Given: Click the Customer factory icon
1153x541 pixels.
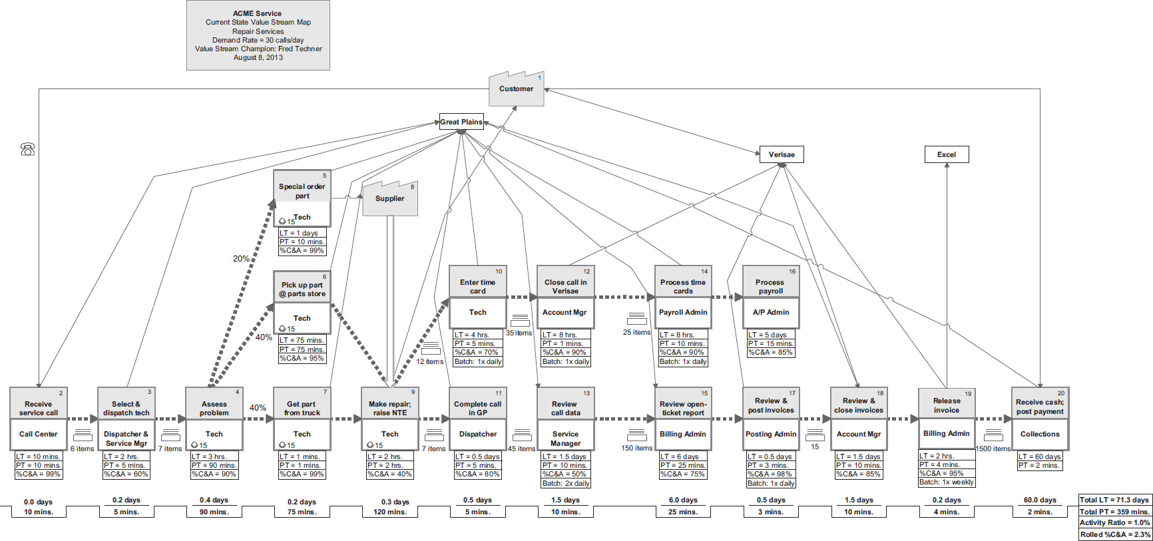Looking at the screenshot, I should (516, 89).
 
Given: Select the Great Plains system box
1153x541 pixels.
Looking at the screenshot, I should (461, 122).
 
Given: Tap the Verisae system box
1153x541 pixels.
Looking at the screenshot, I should (782, 154).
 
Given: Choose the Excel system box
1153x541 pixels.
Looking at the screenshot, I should (946, 154).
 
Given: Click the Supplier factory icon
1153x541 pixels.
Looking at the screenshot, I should (390, 198).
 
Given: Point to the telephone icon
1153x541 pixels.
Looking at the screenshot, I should (28, 149).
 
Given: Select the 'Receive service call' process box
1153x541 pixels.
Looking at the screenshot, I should (38, 419).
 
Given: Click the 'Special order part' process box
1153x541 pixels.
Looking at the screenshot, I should (302, 198).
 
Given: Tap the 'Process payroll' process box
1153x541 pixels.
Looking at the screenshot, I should (770, 297).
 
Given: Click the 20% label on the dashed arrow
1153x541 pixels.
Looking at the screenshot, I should (241, 259).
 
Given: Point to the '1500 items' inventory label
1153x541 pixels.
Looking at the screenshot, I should (993, 449).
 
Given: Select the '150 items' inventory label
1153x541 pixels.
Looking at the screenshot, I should (636, 448).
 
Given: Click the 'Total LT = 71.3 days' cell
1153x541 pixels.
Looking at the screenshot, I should (1114, 500).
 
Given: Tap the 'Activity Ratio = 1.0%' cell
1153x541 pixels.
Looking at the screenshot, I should (1114, 522).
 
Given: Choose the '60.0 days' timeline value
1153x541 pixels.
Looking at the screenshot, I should (1039, 500).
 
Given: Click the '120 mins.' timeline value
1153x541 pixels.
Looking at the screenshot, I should (390, 512).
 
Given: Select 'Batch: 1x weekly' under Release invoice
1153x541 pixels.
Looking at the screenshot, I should (946, 482).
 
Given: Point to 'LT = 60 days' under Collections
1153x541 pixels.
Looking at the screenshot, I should (1039, 456).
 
